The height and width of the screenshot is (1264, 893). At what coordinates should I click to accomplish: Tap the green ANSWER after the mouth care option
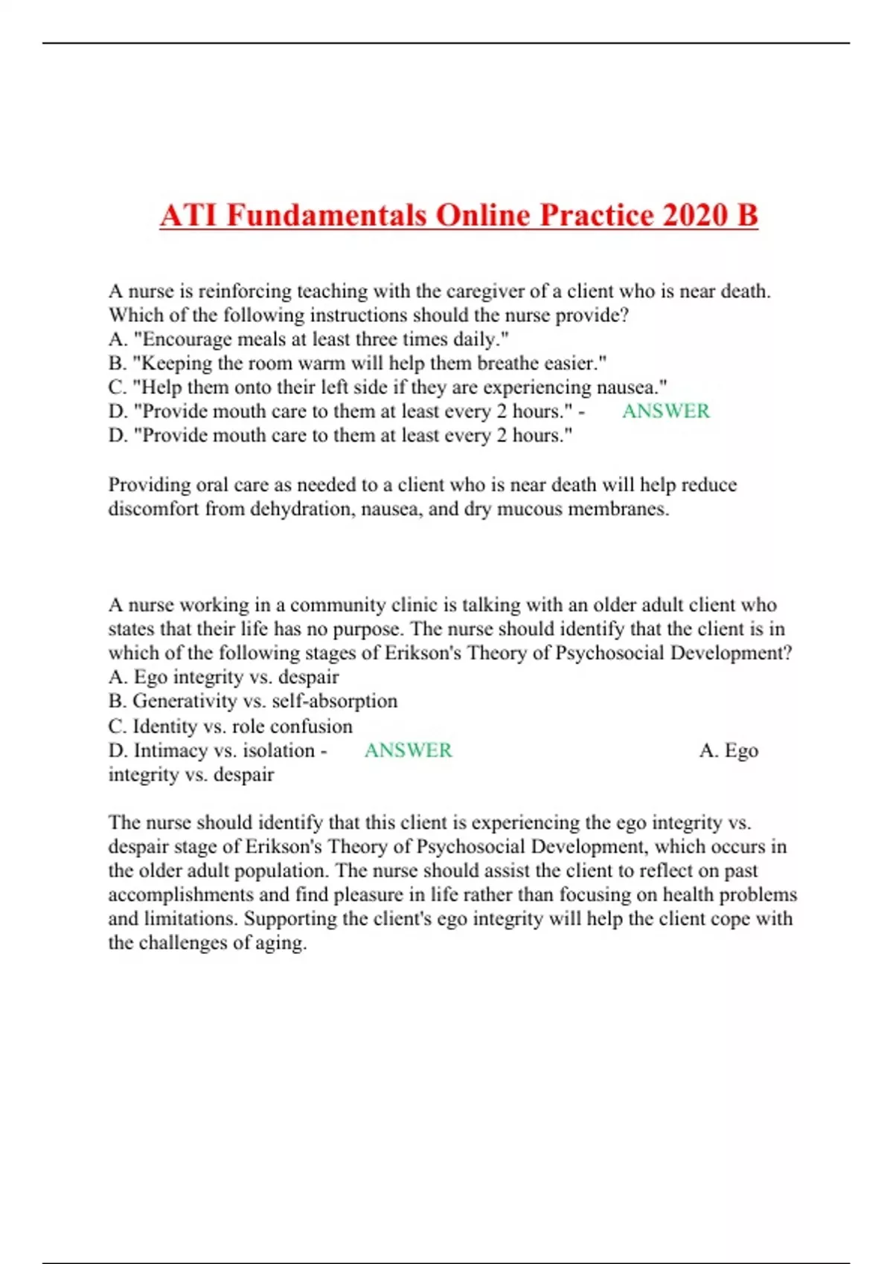click(665, 411)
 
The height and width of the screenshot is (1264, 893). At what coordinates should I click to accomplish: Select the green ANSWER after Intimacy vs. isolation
click(408, 750)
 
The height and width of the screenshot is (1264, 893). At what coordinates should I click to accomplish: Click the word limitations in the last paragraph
click(191, 918)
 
